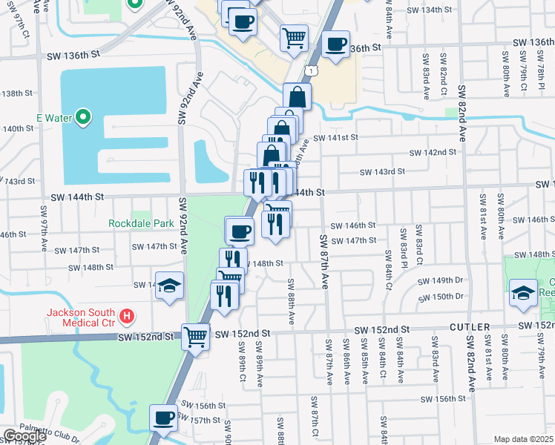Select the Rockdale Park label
click(x=140, y=222)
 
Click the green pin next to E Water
click(x=84, y=116)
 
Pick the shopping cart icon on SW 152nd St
click(x=196, y=336)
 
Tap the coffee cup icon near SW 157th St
click(x=163, y=417)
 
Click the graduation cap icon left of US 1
click(x=169, y=286)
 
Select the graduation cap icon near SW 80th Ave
click(x=523, y=294)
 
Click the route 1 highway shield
click(x=312, y=70)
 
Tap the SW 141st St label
click(x=335, y=137)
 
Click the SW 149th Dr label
click(x=441, y=281)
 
